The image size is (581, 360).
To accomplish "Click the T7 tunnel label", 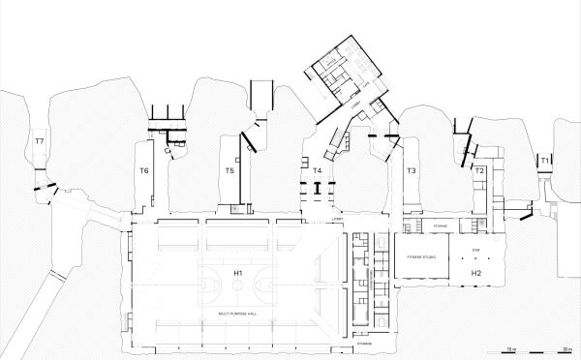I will (x=40, y=142).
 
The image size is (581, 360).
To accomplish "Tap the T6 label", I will (x=143, y=171).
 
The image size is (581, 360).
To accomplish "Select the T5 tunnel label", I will (x=229, y=171).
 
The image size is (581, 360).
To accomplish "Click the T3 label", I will (x=411, y=171).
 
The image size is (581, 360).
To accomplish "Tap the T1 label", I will (x=545, y=159).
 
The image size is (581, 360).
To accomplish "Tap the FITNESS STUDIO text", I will (x=422, y=256).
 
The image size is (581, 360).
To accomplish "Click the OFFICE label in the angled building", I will (x=331, y=62).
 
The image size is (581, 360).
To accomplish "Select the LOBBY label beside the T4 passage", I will (x=338, y=220).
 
